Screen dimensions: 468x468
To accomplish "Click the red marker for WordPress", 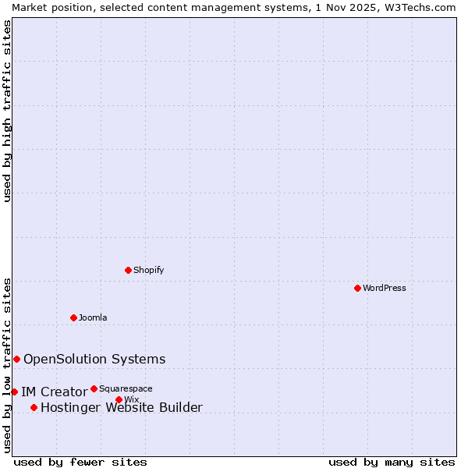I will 357,288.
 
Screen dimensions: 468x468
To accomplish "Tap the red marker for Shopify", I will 128,270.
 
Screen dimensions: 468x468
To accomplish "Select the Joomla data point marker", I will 73,317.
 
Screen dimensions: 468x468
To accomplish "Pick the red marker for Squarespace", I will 94,388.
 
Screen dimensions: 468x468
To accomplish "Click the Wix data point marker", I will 119,399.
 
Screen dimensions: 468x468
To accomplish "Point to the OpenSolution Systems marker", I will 16,359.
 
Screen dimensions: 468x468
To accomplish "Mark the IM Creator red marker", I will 14,392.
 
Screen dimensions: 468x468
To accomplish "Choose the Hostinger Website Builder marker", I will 34,407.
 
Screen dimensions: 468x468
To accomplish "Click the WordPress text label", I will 385,288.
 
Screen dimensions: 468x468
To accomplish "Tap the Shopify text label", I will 149,270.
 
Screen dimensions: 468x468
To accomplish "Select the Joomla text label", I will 93,317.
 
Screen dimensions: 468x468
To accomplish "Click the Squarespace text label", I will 126,388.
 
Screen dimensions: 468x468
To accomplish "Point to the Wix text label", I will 131,399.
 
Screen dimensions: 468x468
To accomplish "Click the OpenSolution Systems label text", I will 94,359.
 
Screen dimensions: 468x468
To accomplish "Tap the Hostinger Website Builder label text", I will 122,407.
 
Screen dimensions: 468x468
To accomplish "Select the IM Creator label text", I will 54,392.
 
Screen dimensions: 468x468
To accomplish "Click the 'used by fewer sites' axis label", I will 80,462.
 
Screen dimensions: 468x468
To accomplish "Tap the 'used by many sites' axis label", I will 392,462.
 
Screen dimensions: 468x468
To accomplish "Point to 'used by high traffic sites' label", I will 7,111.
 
